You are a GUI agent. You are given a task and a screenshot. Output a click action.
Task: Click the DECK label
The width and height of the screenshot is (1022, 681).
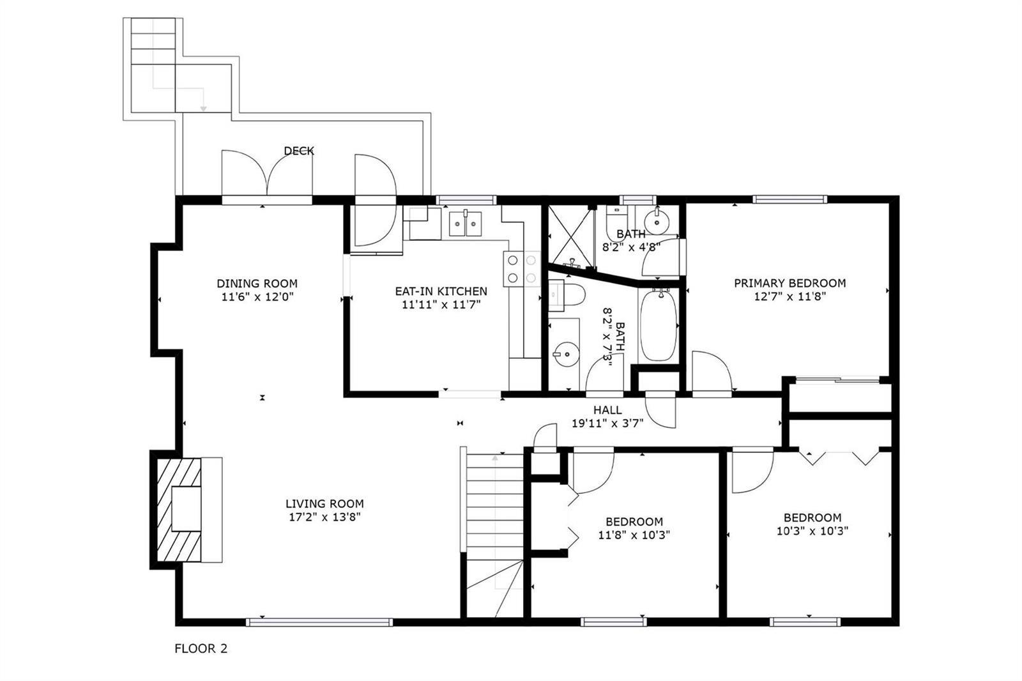tap(299, 151)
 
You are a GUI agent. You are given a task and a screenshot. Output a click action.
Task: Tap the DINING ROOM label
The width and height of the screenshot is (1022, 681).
tap(257, 284)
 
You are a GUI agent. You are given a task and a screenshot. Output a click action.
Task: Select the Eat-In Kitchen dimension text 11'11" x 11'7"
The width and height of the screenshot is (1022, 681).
tap(441, 305)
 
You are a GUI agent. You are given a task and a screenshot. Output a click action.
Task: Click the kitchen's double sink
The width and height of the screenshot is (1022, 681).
tap(466, 224)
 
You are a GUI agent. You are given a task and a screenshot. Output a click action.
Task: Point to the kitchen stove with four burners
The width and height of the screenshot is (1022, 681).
tap(522, 269)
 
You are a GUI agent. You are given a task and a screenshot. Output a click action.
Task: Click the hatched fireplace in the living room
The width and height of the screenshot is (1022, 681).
tap(179, 510)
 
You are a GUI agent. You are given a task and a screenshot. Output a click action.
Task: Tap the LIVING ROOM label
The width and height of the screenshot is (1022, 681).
tap(324, 504)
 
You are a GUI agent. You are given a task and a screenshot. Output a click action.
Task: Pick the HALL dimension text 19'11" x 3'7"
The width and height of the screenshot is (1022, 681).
tap(607, 424)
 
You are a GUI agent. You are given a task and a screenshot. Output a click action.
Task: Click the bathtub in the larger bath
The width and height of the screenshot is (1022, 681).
tap(659, 325)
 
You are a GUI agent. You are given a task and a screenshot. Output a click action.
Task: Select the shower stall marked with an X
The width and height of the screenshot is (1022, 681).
tap(571, 236)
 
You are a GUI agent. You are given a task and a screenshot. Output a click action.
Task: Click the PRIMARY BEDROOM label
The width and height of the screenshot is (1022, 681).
tap(789, 283)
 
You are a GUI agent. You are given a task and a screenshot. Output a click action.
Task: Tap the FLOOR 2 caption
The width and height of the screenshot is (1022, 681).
tap(201, 648)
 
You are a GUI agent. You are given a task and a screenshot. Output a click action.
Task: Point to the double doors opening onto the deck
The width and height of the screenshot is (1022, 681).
tap(267, 174)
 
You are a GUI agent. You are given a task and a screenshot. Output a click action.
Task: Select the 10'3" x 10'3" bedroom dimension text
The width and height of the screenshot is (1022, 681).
tap(812, 531)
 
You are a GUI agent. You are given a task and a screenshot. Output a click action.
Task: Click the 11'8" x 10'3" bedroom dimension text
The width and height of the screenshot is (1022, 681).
tap(634, 535)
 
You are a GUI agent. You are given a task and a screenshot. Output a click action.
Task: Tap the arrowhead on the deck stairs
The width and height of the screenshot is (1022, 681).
tap(204, 109)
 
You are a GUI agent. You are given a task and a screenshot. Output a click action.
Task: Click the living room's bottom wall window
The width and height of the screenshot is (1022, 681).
tap(319, 622)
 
